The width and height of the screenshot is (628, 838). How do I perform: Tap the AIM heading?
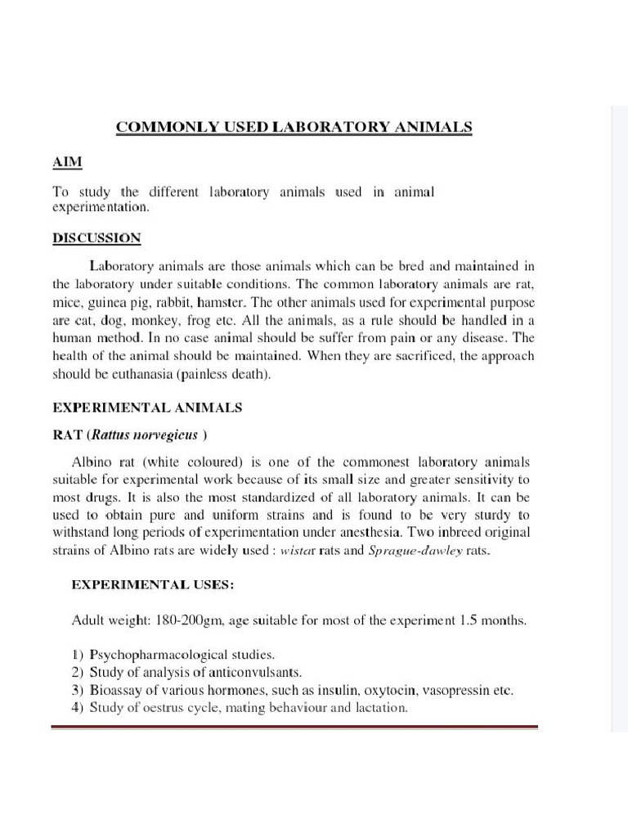68,161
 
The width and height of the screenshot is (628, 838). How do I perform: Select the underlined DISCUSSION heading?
96,238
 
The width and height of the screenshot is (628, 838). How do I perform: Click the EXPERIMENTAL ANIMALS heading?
147,407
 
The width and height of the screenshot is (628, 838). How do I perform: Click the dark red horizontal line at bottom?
294,726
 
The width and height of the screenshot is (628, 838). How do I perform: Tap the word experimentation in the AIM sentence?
101,207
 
